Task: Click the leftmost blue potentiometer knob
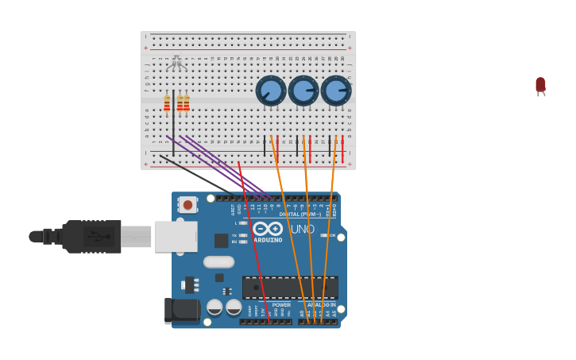[271, 91]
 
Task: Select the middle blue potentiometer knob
[303, 91]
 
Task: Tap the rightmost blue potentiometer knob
[336, 91]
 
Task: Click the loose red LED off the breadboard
[540, 85]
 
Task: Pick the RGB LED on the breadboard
[176, 64]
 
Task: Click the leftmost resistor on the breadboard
[167, 103]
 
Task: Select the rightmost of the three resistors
[187, 103]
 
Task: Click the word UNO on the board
[302, 230]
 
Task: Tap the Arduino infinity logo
[268, 229]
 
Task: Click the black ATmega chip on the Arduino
[290, 288]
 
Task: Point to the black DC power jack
[182, 310]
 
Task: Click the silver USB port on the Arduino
[176, 236]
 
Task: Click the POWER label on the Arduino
[281, 304]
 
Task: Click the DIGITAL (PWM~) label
[300, 214]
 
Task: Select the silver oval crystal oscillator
[218, 261]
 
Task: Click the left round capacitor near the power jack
[215, 307]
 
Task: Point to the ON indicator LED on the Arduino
[323, 235]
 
